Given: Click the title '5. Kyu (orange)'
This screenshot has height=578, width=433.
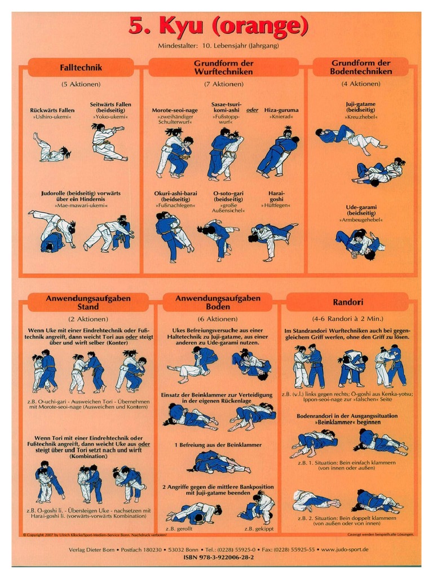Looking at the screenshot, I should coord(218,26).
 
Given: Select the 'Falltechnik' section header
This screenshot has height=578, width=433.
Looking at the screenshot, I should coord(81,68).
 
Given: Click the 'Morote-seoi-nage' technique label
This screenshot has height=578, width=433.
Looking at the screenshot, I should coord(175,110).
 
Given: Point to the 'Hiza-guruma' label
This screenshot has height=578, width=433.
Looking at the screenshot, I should coord(281,110).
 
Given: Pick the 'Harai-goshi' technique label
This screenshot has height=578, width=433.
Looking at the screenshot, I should coord(276,196).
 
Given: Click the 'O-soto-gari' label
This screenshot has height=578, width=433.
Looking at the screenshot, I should coord(228,193).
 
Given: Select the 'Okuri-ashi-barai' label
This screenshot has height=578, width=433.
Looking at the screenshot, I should coord(175,193).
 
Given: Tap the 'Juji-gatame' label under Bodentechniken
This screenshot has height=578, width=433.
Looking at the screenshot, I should coord(361,104).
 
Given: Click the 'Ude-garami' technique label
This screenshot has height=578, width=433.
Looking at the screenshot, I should coord(361,207).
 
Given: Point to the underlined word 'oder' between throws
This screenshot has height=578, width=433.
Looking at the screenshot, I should coord(252,110).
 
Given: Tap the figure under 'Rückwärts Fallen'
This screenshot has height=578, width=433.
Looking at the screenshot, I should coord(50,148).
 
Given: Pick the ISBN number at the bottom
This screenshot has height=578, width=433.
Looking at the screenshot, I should coord(219,557).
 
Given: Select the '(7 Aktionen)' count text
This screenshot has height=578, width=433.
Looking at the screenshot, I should coord(224,84).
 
